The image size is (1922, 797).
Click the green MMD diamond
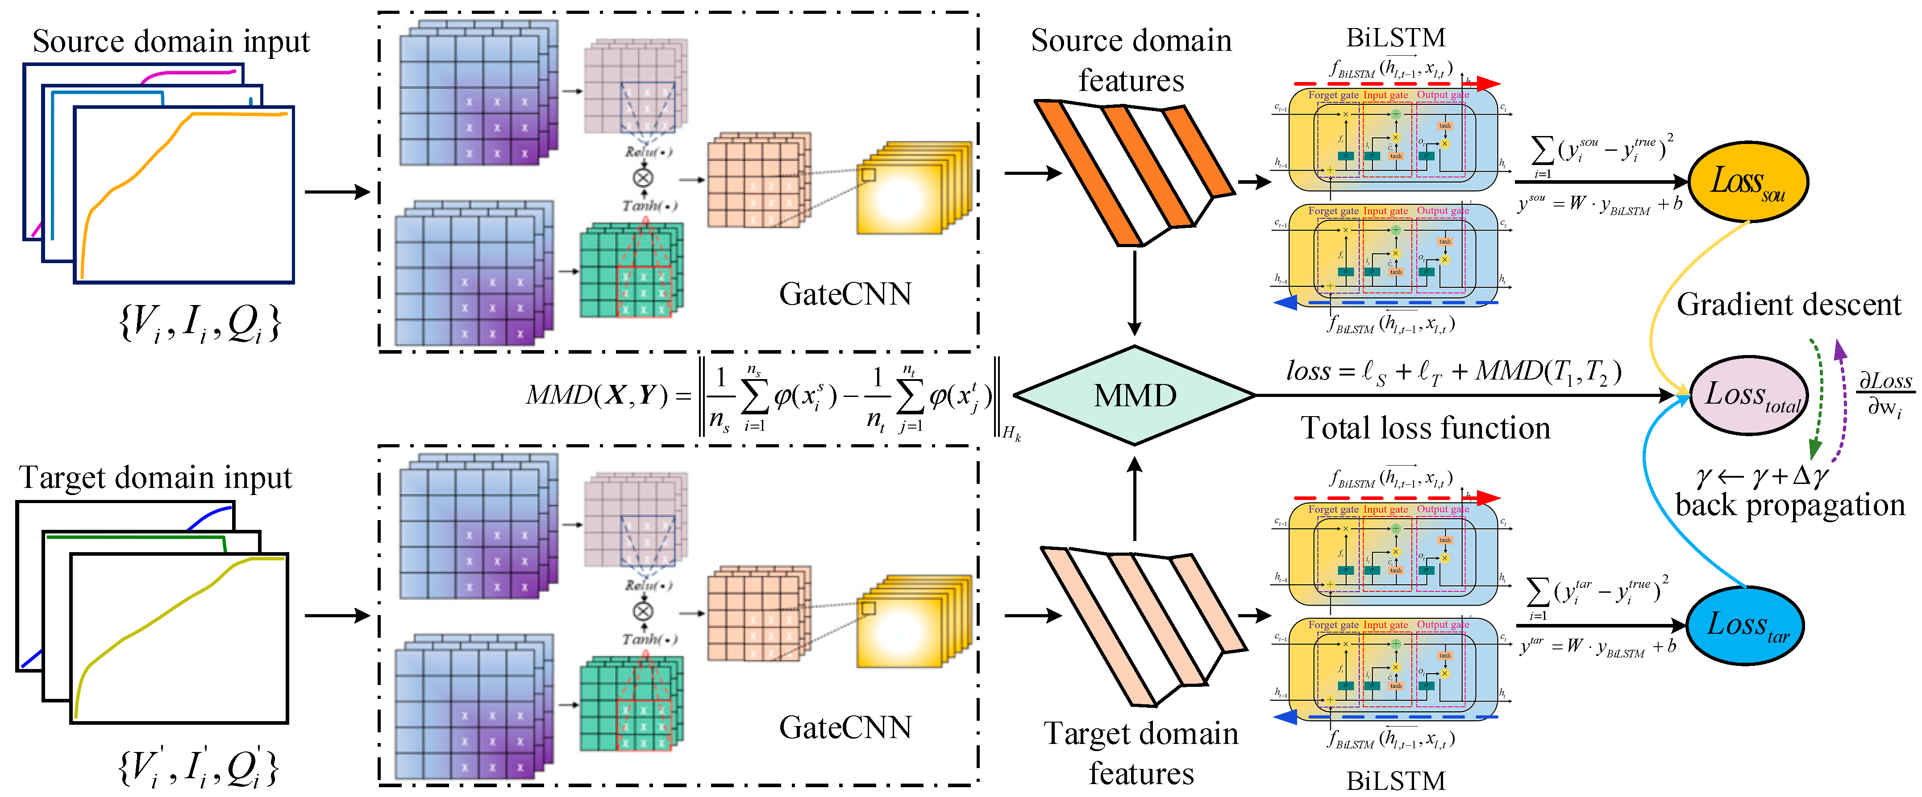1134,395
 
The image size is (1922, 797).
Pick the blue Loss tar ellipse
1746,625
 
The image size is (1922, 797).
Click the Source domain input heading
171,41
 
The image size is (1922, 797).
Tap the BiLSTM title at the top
1395,37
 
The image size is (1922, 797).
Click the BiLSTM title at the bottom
1395,780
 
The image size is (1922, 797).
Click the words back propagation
1789,505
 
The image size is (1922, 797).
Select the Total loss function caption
1425,428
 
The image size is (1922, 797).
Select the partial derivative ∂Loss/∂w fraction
1885,394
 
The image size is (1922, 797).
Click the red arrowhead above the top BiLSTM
1487,83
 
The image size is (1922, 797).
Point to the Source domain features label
1131,60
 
